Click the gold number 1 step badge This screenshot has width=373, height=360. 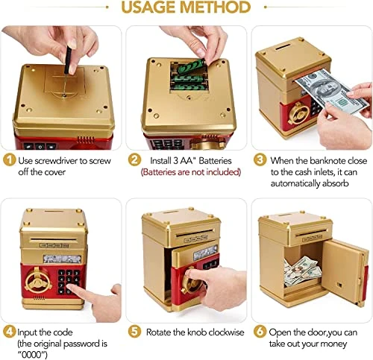[x=9, y=160]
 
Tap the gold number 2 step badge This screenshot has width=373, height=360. [x=134, y=160]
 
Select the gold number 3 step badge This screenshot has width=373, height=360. [x=260, y=160]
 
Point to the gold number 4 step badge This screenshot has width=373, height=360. [x=9, y=332]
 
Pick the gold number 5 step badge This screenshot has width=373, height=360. [x=134, y=332]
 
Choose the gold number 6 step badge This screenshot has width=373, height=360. [x=260, y=332]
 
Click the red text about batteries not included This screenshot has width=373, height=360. [x=191, y=172]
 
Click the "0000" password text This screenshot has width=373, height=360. [x=32, y=355]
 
